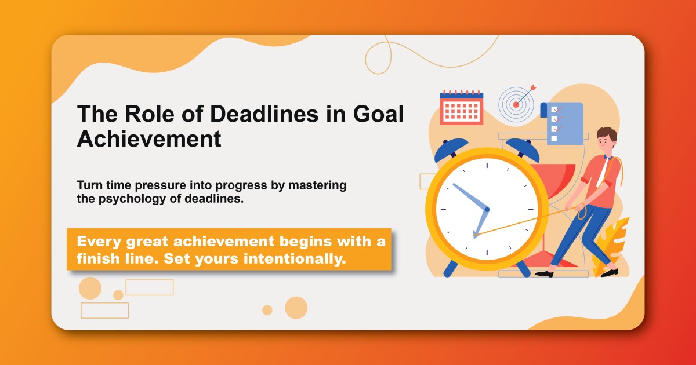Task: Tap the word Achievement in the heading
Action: pos(149,139)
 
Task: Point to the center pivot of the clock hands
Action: pos(487,209)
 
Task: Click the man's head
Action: pos(606,140)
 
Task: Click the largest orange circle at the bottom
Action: pos(296,308)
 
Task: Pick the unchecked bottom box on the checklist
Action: pos(553,138)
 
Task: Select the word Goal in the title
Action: pos(378,114)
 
